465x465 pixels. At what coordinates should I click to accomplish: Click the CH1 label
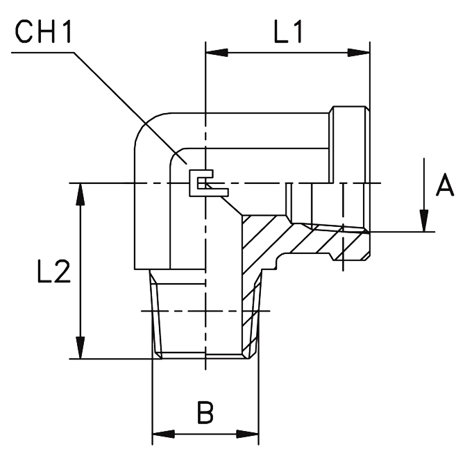(x=43, y=32)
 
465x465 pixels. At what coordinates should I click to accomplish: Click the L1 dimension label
(x=288, y=31)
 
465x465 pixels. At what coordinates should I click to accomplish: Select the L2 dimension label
(x=54, y=271)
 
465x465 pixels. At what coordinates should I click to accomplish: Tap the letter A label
(x=445, y=185)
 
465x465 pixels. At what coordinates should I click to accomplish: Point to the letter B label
(x=205, y=412)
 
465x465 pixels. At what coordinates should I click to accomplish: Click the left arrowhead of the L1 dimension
(x=217, y=53)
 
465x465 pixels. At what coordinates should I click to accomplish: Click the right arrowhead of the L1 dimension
(x=359, y=53)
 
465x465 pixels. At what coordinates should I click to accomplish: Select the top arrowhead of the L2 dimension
(x=80, y=194)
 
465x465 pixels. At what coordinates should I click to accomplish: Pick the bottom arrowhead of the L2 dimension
(x=80, y=348)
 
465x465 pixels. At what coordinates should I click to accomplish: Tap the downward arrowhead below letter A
(x=424, y=221)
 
